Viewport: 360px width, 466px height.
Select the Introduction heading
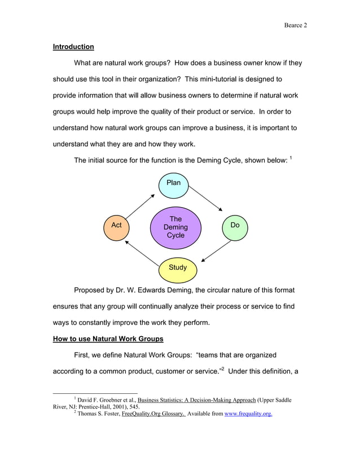point(73,47)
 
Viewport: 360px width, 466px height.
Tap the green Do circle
point(235,226)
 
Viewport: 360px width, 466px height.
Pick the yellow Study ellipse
point(178,268)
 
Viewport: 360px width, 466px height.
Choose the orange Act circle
point(116,226)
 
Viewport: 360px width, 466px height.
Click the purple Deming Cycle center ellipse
point(175,227)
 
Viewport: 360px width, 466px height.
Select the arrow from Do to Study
point(215,251)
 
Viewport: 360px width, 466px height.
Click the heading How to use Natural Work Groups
point(108,339)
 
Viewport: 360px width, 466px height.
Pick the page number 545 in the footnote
point(134,406)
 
